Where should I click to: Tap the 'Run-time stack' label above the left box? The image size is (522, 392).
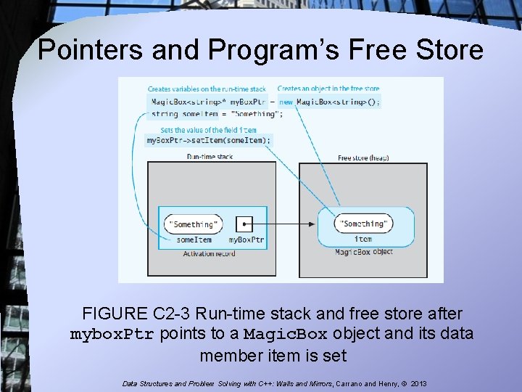(210, 156)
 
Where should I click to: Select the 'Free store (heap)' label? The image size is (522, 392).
(362, 158)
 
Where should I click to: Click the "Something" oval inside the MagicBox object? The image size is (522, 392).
(363, 224)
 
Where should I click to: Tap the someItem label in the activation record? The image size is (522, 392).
(194, 240)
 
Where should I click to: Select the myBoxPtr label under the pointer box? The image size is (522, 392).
(246, 240)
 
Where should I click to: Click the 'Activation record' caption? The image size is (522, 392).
(208, 253)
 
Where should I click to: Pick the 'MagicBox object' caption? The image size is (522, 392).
(363, 252)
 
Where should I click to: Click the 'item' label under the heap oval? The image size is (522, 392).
(363, 239)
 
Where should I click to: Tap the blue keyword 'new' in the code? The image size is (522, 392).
(286, 102)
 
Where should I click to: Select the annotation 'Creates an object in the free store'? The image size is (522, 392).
(327, 89)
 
